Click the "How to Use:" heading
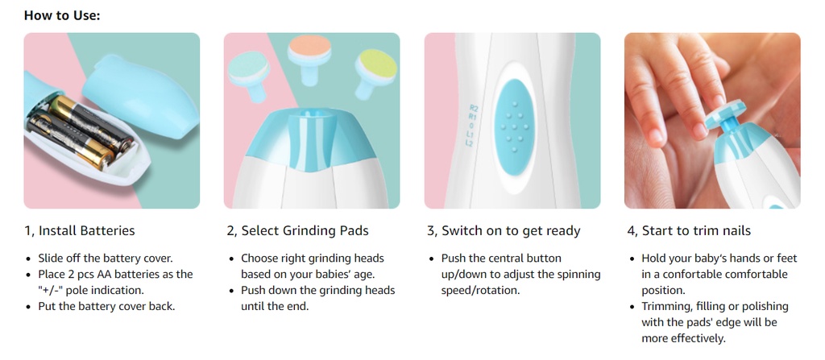pos(61,15)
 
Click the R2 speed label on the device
pos(474,108)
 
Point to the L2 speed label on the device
pos(470,143)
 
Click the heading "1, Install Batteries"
pos(80,230)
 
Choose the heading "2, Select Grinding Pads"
pos(298,230)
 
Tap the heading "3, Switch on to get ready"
pos(504,230)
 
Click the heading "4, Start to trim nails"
pos(689,230)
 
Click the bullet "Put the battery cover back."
pos(106,306)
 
